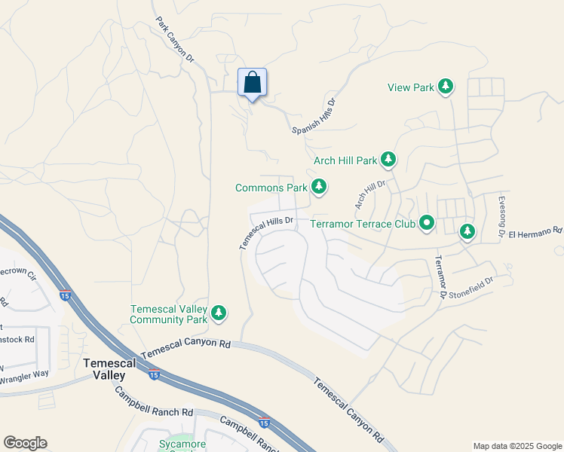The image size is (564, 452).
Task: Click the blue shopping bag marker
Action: coord(253,83)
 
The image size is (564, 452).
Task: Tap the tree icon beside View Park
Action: coord(446,87)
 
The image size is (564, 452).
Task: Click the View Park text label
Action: coord(411,88)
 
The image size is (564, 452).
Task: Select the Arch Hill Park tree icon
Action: coord(388,160)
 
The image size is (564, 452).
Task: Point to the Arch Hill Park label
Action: coord(345,160)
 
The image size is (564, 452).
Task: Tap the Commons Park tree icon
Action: coord(319,186)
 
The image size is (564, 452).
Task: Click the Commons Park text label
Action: coord(271,188)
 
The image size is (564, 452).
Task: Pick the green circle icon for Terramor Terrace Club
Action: coord(427,223)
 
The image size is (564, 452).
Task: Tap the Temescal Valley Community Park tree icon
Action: coord(219,313)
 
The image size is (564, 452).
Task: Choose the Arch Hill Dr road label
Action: coord(370,194)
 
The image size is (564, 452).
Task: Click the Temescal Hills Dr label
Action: coord(265,234)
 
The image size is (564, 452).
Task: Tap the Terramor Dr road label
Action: coord(440,275)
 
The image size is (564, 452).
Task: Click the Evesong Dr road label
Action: coord(501,217)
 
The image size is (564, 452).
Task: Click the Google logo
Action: coord(25,443)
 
